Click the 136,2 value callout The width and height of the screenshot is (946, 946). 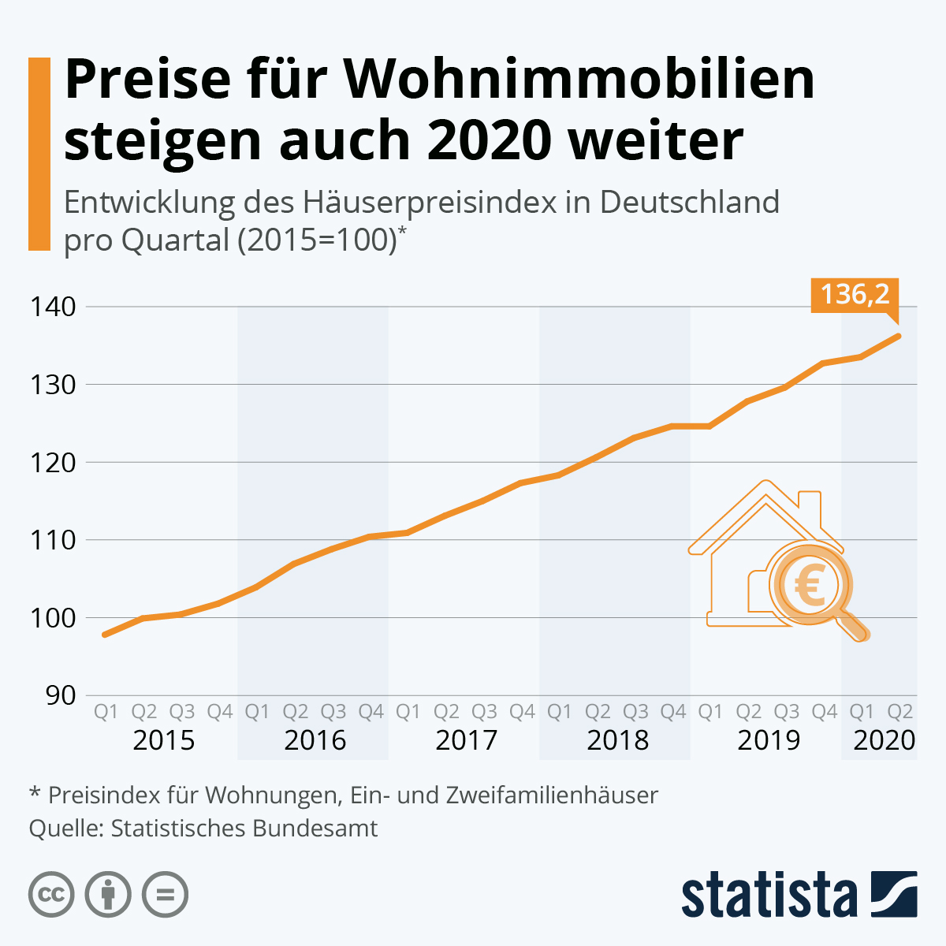[x=855, y=295]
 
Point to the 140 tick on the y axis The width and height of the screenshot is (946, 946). [x=54, y=307]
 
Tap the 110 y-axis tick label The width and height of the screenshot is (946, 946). [x=54, y=540]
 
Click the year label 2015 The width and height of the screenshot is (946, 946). [x=163, y=740]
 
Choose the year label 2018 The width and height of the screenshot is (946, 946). [x=617, y=740]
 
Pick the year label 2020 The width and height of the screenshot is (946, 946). [x=884, y=740]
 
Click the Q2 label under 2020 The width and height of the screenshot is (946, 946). [x=900, y=712]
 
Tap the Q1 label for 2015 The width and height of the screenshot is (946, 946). [x=106, y=712]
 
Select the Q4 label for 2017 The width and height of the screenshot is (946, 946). [x=522, y=712]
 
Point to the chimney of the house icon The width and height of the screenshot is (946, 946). [x=810, y=507]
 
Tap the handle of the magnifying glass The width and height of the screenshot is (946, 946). [x=853, y=624]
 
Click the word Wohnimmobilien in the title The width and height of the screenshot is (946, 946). [x=579, y=79]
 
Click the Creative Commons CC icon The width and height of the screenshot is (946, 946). [x=51, y=895]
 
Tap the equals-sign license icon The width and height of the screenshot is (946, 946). [x=165, y=895]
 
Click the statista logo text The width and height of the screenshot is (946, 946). [x=769, y=896]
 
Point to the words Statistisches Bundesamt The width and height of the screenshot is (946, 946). [x=244, y=829]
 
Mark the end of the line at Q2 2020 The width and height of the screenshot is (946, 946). [x=899, y=336]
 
